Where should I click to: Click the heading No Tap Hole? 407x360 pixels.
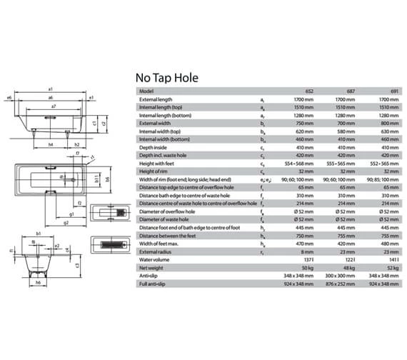(166, 77)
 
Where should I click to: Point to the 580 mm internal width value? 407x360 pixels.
(346, 131)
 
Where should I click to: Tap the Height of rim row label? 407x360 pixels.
(154, 171)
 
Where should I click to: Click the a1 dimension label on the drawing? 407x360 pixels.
(52, 89)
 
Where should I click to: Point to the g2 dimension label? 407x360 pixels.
(66, 222)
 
